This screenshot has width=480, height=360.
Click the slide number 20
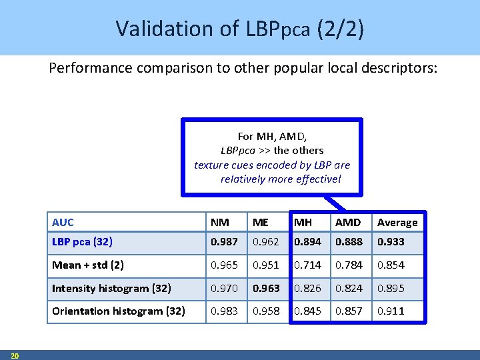(x=15, y=355)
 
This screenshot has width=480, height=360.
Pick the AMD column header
(x=347, y=223)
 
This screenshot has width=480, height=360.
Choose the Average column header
(x=397, y=223)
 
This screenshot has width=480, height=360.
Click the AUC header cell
(x=63, y=223)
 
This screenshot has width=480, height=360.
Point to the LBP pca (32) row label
(x=82, y=242)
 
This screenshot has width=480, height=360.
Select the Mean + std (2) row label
(x=87, y=265)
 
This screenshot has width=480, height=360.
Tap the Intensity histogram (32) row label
(x=111, y=289)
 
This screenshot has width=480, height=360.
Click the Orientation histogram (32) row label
(x=119, y=311)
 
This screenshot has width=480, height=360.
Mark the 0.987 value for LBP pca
(x=223, y=242)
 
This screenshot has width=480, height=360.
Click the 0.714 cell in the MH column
(x=307, y=265)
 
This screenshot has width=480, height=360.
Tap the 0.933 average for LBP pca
(x=391, y=242)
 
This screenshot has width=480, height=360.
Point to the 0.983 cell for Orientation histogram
(x=223, y=311)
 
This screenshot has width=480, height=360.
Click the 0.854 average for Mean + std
(x=391, y=265)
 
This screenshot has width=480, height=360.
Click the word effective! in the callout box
(x=318, y=179)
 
